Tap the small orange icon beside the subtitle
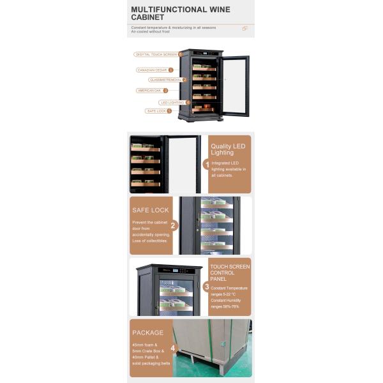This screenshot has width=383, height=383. (244, 29)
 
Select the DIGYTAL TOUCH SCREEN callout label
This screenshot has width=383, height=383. (156, 54)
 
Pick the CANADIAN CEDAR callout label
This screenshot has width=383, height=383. (152, 70)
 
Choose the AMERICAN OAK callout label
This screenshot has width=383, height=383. (149, 91)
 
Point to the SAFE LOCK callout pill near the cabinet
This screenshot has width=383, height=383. (156, 111)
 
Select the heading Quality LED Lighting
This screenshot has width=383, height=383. (228, 149)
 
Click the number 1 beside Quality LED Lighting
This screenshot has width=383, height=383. (207, 165)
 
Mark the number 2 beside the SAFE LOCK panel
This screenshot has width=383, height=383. (173, 225)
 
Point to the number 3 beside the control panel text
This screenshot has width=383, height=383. (207, 287)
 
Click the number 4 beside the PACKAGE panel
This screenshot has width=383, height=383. (172, 348)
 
